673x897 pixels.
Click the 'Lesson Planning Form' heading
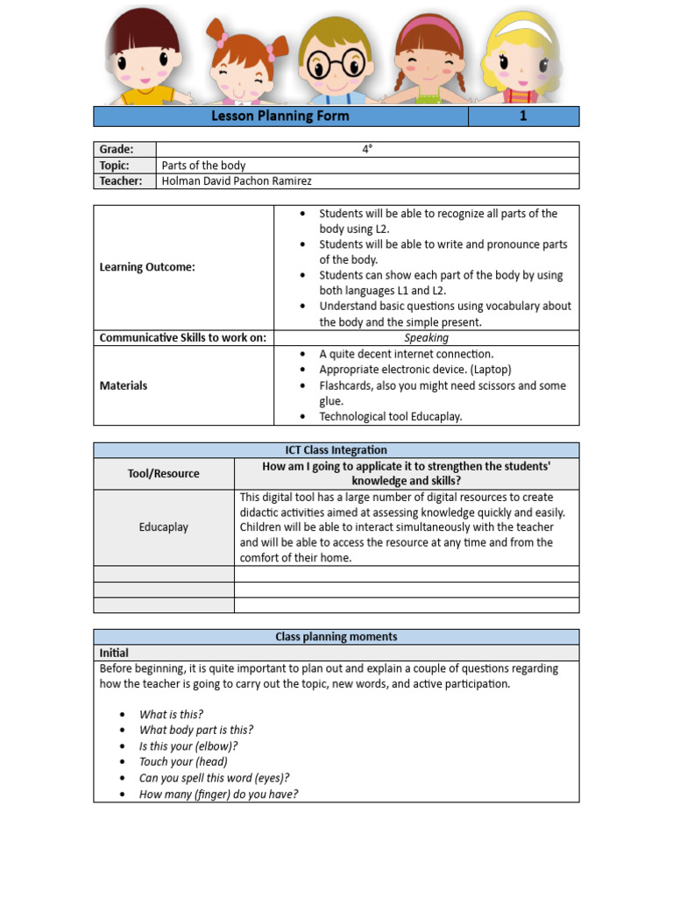click(x=280, y=117)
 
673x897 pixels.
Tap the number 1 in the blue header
click(x=523, y=117)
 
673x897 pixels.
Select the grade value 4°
click(x=367, y=150)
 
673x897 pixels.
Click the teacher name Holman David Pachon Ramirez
click(x=237, y=181)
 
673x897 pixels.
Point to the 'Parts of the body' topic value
click(x=203, y=166)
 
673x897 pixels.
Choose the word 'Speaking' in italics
click(x=426, y=338)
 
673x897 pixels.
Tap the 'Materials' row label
click(x=124, y=385)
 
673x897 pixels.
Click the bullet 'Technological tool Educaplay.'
click(x=390, y=417)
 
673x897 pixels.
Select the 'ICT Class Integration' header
click(x=336, y=450)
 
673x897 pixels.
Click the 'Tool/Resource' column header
click(x=163, y=474)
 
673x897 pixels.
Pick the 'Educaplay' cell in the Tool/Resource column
click(x=163, y=527)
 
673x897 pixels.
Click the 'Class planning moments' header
click(x=336, y=637)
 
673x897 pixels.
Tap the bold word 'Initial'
click(x=114, y=653)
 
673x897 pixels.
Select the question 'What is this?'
click(x=171, y=715)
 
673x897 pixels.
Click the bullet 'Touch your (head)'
click(x=183, y=762)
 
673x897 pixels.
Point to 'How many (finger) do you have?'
click(x=218, y=795)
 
